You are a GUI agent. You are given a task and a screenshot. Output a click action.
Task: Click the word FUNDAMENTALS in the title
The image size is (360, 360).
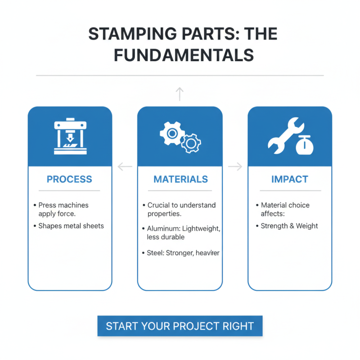click(184, 54)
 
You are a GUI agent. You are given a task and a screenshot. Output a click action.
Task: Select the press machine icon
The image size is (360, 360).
click(69, 136)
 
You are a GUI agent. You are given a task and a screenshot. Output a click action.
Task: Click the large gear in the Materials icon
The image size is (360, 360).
click(171, 133)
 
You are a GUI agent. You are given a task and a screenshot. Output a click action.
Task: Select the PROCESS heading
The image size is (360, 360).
click(69, 179)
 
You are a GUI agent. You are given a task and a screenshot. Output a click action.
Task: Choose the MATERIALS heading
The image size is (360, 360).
click(180, 179)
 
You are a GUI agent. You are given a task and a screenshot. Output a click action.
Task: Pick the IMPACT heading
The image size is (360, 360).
click(290, 179)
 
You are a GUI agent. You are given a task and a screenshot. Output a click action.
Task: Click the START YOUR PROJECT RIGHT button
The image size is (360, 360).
click(180, 326)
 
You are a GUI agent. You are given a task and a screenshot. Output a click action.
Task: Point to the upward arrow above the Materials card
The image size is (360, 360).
click(180, 94)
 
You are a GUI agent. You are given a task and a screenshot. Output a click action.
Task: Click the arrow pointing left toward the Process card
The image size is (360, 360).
click(125, 167)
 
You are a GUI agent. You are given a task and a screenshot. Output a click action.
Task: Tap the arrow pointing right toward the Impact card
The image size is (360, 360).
click(235, 167)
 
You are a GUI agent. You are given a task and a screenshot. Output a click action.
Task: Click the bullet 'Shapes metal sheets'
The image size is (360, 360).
click(71, 225)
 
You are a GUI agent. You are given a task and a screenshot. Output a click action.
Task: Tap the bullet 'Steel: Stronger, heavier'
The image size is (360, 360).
click(183, 253)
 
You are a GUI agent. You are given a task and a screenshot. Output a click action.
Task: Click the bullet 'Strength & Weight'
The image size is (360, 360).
click(289, 225)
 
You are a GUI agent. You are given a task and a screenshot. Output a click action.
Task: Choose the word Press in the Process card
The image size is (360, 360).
click(47, 205)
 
